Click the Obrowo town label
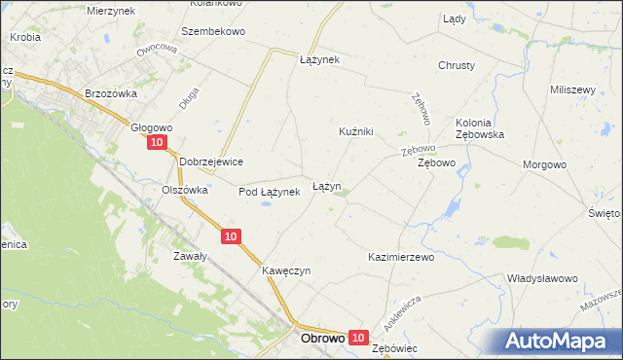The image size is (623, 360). (322, 340)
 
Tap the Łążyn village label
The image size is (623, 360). (326, 185)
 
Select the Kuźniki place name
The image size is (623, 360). (356, 131)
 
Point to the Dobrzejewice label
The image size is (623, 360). (211, 162)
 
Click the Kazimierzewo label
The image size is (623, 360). (400, 258)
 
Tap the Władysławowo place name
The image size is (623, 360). (542, 278)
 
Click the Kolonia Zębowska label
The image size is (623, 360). (479, 128)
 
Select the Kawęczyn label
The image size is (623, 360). (285, 270)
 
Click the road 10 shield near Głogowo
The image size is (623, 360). (157, 143)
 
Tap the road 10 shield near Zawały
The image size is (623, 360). (230, 236)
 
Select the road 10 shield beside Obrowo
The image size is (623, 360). (358, 338)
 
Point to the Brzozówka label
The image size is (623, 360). (109, 93)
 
